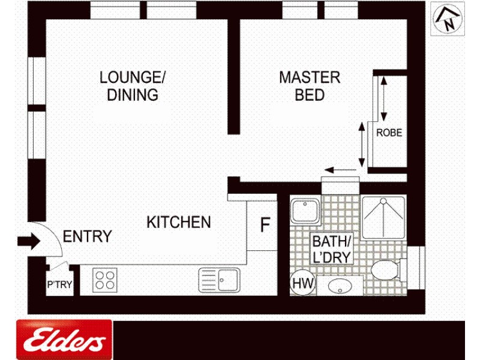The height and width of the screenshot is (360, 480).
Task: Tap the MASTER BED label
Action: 310,86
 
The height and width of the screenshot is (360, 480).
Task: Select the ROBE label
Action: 389,133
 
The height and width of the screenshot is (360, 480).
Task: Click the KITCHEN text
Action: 179,223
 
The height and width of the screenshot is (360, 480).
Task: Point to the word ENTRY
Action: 88,236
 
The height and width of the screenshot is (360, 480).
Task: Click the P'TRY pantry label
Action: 59,286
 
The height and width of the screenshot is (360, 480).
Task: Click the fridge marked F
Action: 265,226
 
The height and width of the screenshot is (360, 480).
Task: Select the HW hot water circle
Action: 300,283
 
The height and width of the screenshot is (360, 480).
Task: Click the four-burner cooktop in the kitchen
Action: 105,280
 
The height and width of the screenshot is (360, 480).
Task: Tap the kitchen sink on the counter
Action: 219,280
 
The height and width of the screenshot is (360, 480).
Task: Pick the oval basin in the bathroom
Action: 340,286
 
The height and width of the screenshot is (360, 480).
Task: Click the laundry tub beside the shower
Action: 305,212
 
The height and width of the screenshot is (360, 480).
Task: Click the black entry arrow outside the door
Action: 28,241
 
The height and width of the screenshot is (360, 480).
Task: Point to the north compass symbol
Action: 448,19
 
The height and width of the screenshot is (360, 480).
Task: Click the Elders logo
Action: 64,340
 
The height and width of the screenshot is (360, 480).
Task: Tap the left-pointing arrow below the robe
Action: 341,171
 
